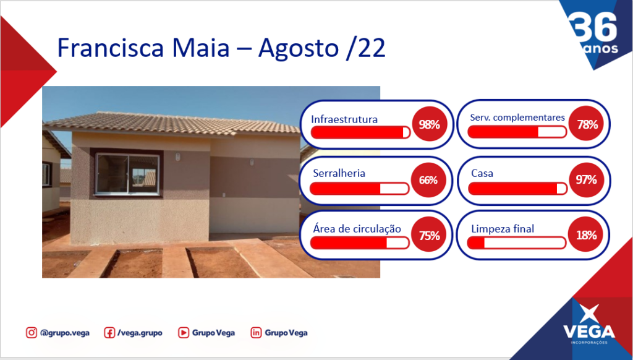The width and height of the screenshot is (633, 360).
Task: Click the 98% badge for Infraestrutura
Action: click(x=429, y=124)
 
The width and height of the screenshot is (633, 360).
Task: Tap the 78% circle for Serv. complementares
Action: click(x=586, y=124)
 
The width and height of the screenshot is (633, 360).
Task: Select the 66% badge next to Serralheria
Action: click(x=428, y=180)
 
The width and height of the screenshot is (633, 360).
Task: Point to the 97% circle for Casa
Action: click(x=586, y=180)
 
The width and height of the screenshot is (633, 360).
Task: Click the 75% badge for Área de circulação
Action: click(x=429, y=235)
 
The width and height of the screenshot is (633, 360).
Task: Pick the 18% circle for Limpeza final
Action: click(x=586, y=235)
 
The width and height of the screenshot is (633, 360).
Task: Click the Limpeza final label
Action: click(x=503, y=229)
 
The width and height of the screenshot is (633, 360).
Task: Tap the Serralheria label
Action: click(x=339, y=173)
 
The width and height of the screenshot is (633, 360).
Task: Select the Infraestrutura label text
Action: click(x=344, y=119)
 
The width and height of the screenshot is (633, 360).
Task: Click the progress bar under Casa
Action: click(x=517, y=188)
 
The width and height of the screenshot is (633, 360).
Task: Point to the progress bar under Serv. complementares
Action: click(x=517, y=132)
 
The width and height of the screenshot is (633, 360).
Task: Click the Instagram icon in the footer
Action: click(x=32, y=333)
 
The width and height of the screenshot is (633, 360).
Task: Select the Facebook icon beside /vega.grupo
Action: click(x=109, y=333)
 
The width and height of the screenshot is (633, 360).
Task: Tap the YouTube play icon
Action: click(x=183, y=333)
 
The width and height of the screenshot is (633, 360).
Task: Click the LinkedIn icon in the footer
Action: click(x=256, y=333)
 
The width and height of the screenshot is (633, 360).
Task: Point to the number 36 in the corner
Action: click(x=595, y=27)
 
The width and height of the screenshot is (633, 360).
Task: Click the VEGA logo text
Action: click(x=589, y=332)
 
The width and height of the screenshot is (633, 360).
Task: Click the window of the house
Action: click(x=127, y=174)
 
